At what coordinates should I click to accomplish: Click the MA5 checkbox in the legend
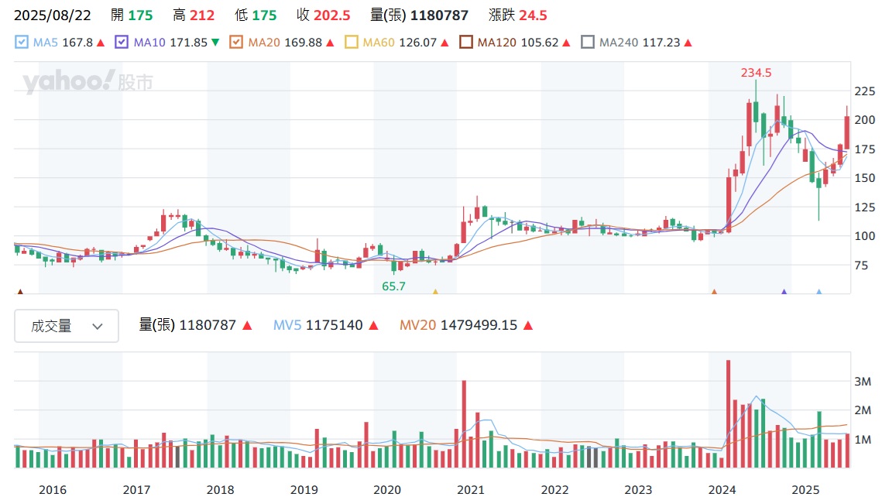[22, 43]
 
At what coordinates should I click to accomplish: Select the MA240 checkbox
[588, 43]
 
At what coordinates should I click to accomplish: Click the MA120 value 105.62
[541, 43]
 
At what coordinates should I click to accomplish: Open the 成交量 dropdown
[67, 326]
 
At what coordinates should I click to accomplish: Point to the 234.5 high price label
[756, 73]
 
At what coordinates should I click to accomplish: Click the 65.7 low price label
[393, 286]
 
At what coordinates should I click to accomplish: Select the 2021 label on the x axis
[471, 489]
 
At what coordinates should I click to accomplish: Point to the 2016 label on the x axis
[52, 489]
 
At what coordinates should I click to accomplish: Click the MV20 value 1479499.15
[479, 326]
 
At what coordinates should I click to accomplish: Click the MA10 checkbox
[122, 43]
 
